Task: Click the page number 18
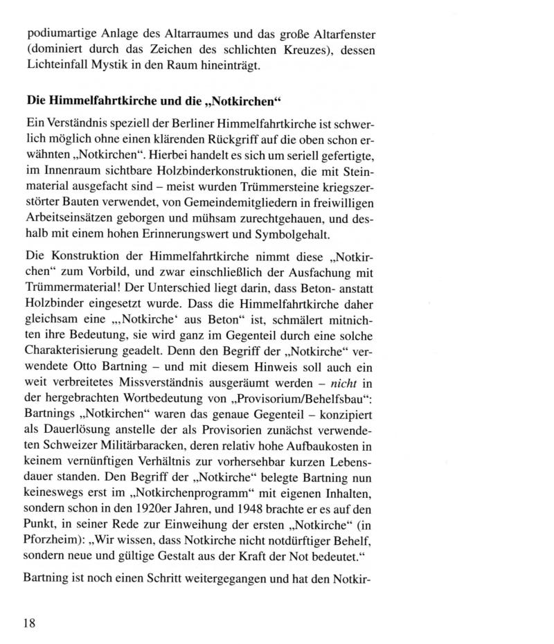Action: [x=29, y=622]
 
